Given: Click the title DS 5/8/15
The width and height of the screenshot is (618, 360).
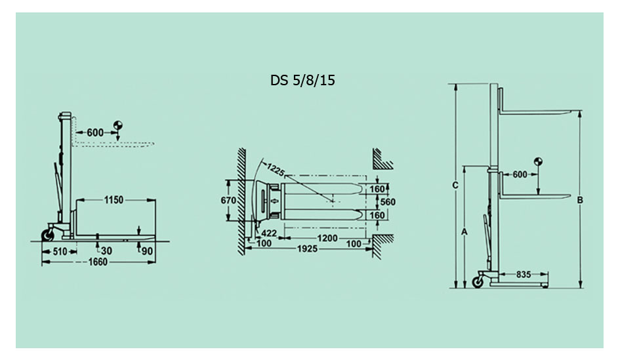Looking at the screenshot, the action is [x=302, y=81].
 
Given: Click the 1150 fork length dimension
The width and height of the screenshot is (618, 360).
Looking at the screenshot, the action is [x=113, y=200].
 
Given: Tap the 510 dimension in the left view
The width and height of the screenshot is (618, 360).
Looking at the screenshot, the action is [x=60, y=251].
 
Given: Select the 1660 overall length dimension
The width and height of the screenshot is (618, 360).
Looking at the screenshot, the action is [x=97, y=262].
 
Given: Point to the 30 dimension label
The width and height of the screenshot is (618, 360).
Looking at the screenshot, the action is [x=106, y=251].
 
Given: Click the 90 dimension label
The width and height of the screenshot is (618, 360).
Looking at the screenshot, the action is [x=147, y=251].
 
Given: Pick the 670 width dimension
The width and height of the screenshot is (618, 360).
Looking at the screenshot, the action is [x=228, y=201].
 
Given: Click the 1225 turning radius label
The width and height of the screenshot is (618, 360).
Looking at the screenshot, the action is [x=276, y=169].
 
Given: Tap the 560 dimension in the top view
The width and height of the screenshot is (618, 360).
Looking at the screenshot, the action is [x=388, y=202].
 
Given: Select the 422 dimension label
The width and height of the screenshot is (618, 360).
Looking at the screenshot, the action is [x=269, y=233].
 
